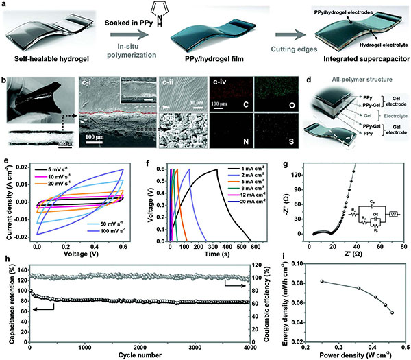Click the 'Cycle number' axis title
(145, 355)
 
